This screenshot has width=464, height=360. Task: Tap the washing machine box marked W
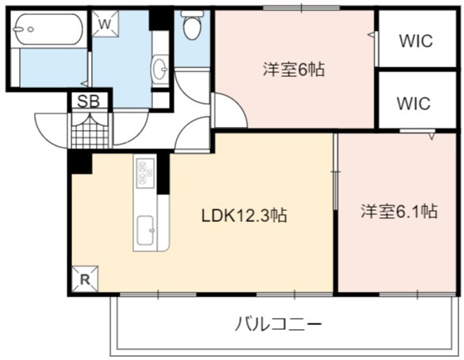pyautogui.click(x=105, y=24)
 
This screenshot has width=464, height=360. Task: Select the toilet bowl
pyautogui.click(x=192, y=25)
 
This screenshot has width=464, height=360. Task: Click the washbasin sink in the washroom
pyautogui.click(x=159, y=69)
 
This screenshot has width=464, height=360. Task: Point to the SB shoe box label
pyautogui.click(x=89, y=101)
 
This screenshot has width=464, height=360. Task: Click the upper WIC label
pyautogui.click(x=416, y=41)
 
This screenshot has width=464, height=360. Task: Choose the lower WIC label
pyautogui.click(x=413, y=103)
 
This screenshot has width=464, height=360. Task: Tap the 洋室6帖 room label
pyautogui.click(x=293, y=70)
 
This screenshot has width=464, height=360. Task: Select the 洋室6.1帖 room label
pyautogui.click(x=399, y=211)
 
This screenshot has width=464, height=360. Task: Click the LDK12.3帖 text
pyautogui.click(x=244, y=215)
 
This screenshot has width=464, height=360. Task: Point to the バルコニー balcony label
pyautogui.click(x=278, y=324)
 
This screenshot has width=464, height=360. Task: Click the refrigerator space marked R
pyautogui.click(x=85, y=278)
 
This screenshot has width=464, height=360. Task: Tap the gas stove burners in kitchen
pyautogui.click(x=145, y=173)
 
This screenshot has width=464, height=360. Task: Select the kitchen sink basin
pyautogui.click(x=146, y=230)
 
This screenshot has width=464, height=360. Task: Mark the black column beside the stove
pyautogui.click(x=163, y=173)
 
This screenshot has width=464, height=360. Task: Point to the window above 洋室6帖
pyautogui.click(x=301, y=8)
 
